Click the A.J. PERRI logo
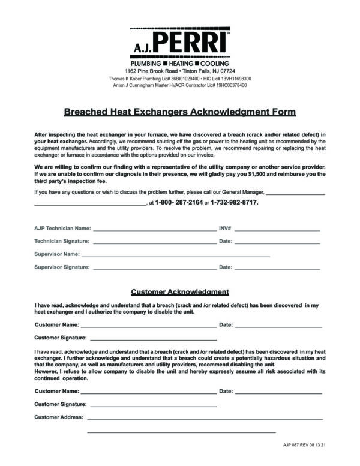click(180, 44)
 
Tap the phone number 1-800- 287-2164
click(179, 203)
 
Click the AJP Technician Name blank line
click(154, 230)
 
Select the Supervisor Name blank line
click(175, 255)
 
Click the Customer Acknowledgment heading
click(180, 292)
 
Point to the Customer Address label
click(59, 417)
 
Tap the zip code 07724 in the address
click(218, 71)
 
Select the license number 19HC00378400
click(229, 85)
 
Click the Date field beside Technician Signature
click(277, 242)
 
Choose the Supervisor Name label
click(57, 255)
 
